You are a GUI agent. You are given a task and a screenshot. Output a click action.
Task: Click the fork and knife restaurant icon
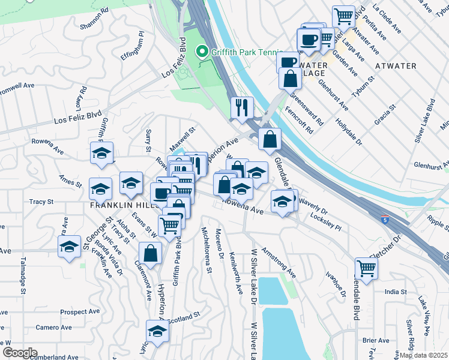click(x=242, y=107)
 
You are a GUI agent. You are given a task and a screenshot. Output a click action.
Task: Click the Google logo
click(x=20, y=353)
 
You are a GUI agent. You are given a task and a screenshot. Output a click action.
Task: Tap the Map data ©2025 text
click(x=423, y=355)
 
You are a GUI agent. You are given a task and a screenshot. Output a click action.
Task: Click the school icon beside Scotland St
click(x=158, y=331)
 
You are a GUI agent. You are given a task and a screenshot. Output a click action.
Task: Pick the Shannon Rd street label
click(x=94, y=19)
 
